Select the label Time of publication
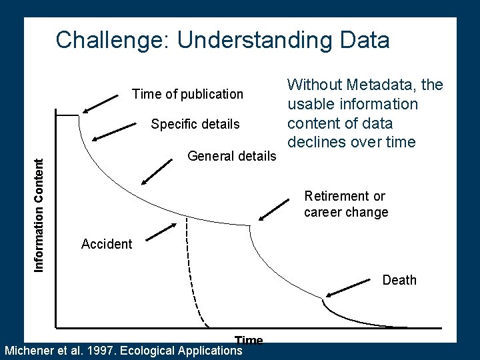[188, 94]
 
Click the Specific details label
[195, 124]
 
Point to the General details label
[231, 156]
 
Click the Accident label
[107, 244]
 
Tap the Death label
[399, 280]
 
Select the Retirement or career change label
[346, 204]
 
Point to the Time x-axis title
[249, 340]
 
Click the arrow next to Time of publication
[100, 103]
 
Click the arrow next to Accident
[161, 231]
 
